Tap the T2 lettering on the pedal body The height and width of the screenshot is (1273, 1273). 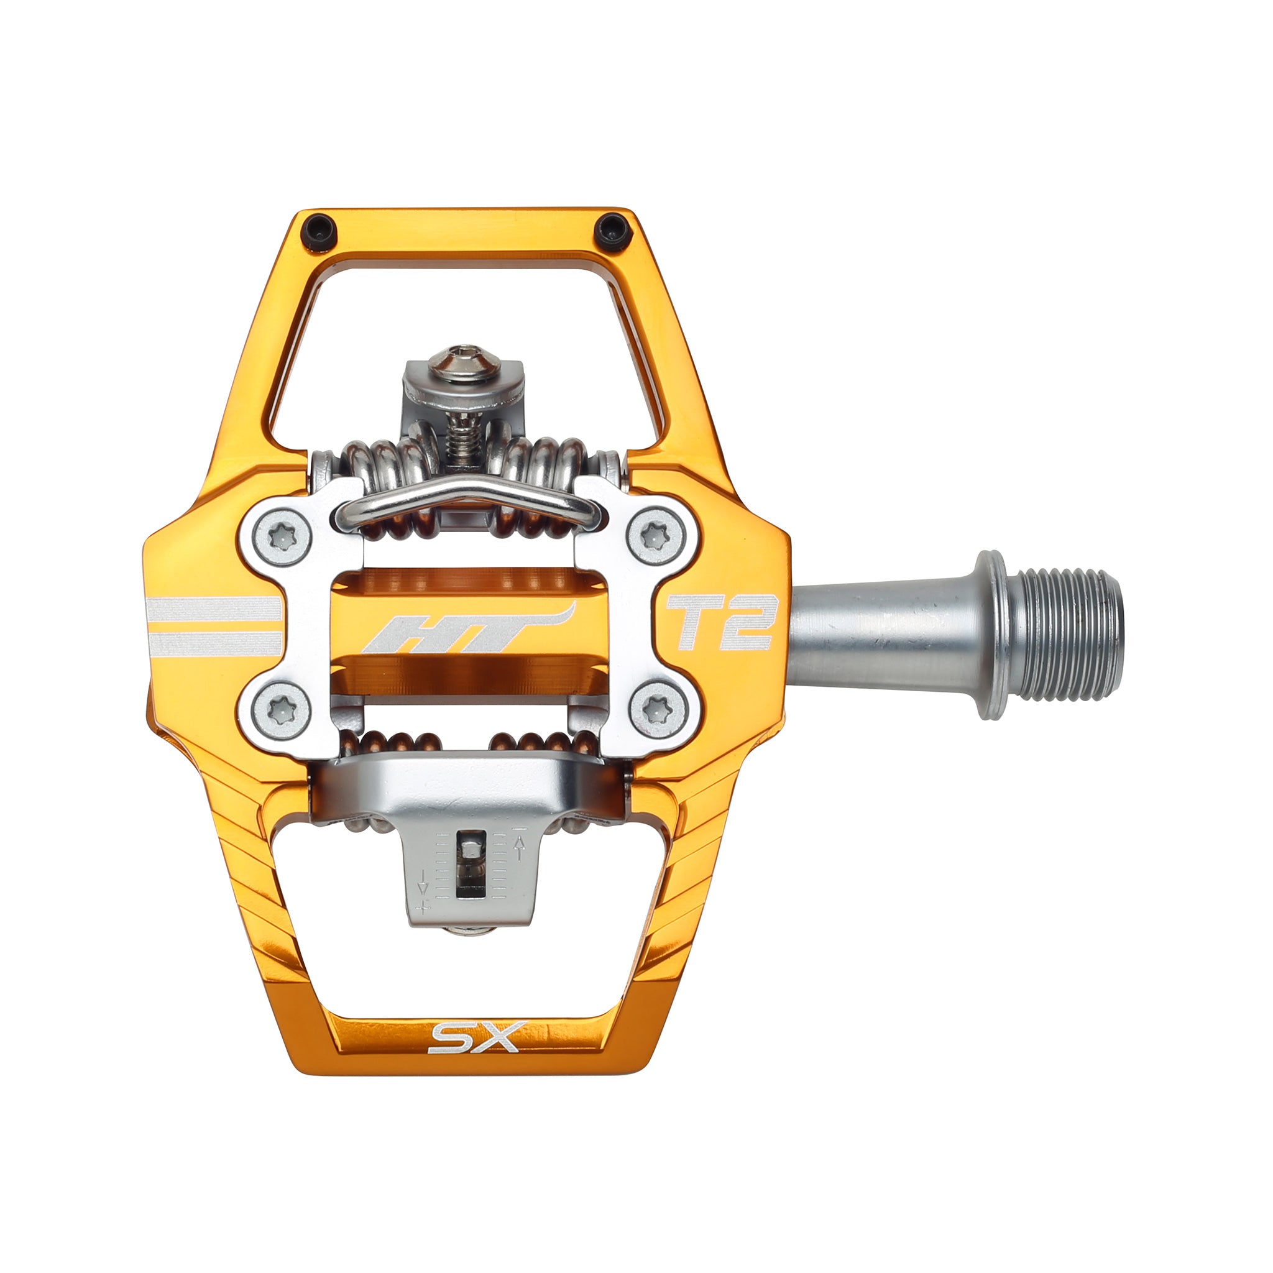[720, 623]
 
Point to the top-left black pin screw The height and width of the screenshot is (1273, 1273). [319, 231]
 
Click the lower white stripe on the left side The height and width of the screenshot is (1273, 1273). [214, 643]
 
